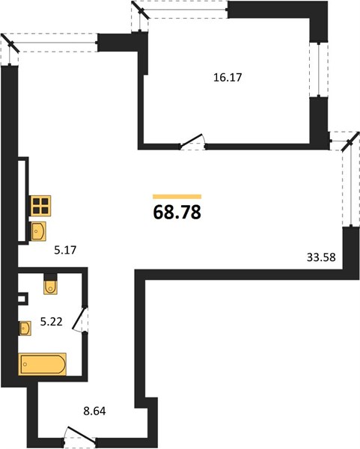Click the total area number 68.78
(177, 213)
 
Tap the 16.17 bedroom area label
(228, 77)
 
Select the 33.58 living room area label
(321, 257)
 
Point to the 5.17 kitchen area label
(65, 250)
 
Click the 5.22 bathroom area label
(51, 322)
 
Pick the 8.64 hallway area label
(94, 411)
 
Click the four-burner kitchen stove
(40, 206)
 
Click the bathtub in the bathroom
(43, 364)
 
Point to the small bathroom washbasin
(25, 329)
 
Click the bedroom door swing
(193, 142)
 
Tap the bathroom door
(80, 320)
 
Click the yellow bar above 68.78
(177, 196)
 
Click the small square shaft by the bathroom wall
(23, 299)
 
